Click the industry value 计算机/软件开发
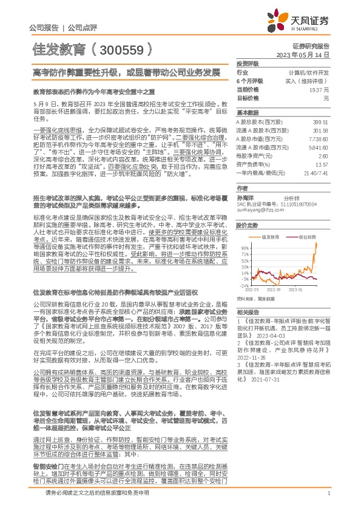[x=309, y=72]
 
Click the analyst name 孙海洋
[x=246, y=198]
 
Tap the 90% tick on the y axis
[x=245, y=248]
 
